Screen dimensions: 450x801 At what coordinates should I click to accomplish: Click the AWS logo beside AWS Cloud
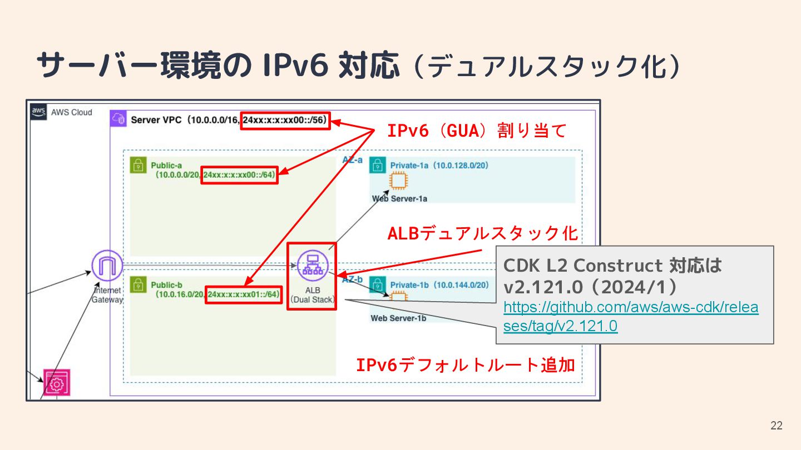click(38, 112)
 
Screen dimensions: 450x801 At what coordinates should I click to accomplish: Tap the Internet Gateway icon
click(107, 266)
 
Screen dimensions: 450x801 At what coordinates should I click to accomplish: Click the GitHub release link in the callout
click(630, 316)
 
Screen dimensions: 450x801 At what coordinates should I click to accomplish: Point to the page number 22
click(776, 426)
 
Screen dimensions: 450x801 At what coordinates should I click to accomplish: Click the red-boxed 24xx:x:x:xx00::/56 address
click(285, 120)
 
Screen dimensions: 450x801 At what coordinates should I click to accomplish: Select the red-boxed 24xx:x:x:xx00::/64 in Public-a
click(239, 175)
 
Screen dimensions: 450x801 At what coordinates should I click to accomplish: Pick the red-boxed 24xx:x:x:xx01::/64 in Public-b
click(243, 294)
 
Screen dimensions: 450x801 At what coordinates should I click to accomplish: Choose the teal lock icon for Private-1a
click(378, 165)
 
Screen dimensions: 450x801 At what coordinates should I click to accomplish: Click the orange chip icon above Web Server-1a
click(398, 181)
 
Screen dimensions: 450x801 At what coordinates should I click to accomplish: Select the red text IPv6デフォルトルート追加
click(465, 365)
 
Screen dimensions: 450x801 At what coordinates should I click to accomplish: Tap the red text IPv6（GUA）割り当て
click(477, 131)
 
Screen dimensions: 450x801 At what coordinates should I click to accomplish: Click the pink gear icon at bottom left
click(57, 383)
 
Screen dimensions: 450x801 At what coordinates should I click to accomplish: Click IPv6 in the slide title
click(294, 66)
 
